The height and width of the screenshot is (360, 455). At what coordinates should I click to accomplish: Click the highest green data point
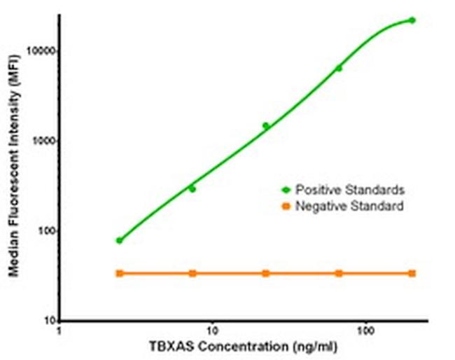412,20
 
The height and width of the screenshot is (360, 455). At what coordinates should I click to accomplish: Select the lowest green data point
119,240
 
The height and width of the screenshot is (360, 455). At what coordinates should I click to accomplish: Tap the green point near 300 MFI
192,189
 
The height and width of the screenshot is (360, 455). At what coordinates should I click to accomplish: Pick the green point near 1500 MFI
265,126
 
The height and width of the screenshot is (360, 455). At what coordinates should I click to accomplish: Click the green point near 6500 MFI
339,68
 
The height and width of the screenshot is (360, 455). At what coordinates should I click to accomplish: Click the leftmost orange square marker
119,273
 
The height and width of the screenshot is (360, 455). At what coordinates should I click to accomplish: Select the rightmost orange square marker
412,273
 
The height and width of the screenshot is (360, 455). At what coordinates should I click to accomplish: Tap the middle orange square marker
265,273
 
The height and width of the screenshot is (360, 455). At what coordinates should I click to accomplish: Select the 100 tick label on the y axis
45,231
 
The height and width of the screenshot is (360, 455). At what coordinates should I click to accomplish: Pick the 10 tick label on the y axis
48,321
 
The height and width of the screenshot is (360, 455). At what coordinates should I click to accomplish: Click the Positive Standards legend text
349,190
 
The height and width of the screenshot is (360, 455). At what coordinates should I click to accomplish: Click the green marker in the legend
285,190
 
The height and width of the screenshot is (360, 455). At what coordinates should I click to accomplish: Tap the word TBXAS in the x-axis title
169,347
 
